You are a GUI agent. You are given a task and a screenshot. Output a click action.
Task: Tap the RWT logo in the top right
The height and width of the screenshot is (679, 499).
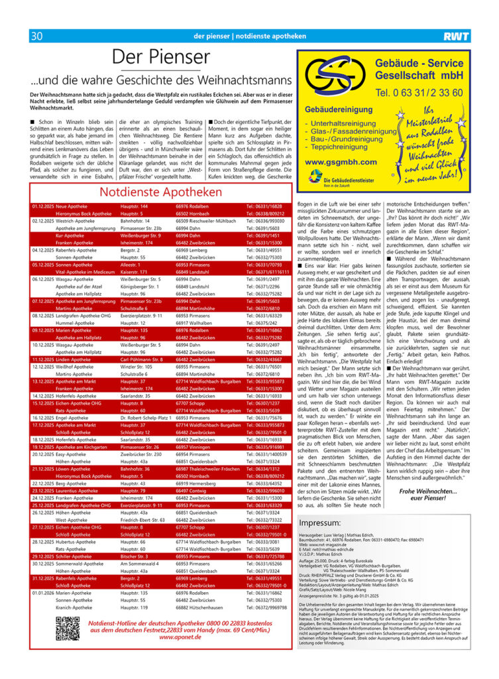[x=457, y=36]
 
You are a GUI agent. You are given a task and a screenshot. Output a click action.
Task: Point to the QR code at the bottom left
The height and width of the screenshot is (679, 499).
[x=68, y=627]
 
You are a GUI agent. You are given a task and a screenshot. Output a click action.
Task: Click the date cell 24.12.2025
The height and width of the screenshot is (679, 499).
[x=43, y=497]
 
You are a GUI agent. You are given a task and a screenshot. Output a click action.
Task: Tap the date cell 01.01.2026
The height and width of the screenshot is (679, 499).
[x=43, y=592]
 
